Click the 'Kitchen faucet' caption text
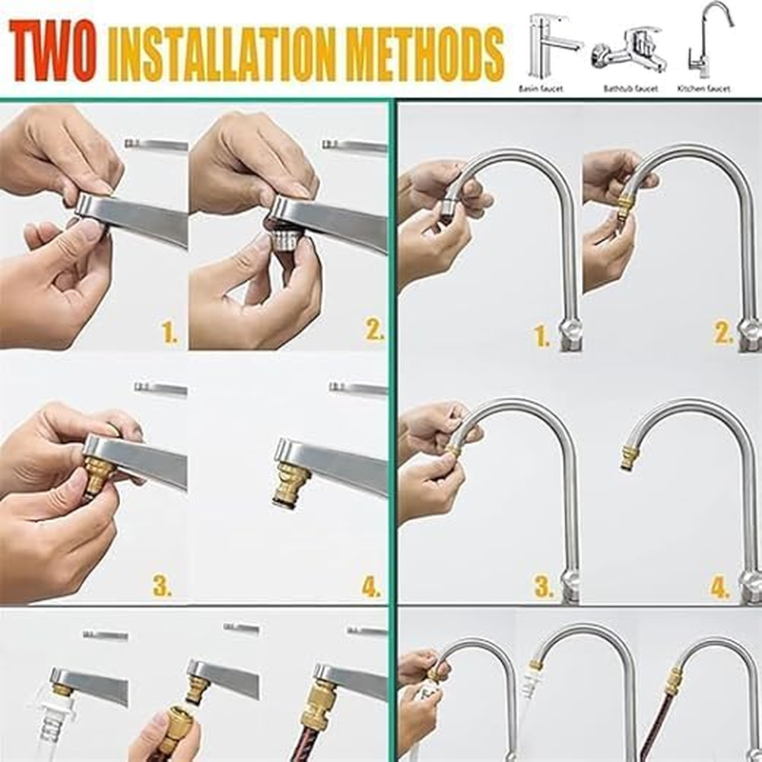[704, 89]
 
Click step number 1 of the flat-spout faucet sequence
[170, 331]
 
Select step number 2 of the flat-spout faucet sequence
[373, 331]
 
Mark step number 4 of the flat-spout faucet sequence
[371, 588]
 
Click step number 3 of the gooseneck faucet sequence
[543, 588]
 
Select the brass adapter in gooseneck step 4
[631, 454]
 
